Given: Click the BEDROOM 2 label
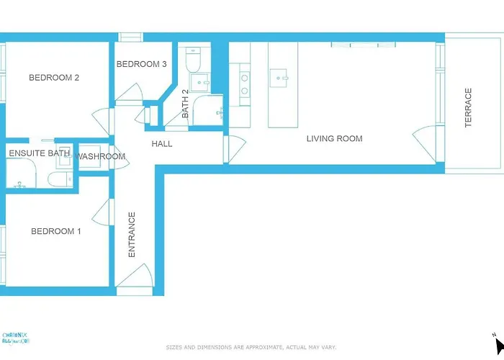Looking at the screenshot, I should [53, 78].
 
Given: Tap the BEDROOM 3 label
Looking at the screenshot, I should [142, 64].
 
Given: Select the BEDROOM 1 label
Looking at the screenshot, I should [55, 231].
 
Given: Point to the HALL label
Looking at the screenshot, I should [162, 144].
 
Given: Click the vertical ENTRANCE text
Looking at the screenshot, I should [132, 234].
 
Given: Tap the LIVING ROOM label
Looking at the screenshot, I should [334, 138].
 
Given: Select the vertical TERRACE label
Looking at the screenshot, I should [468, 108].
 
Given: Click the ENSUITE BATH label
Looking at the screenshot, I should [39, 153].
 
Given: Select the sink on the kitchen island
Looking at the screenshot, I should [278, 76].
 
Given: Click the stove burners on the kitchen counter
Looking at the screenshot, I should [244, 84].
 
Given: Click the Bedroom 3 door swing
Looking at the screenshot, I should [130, 92].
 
